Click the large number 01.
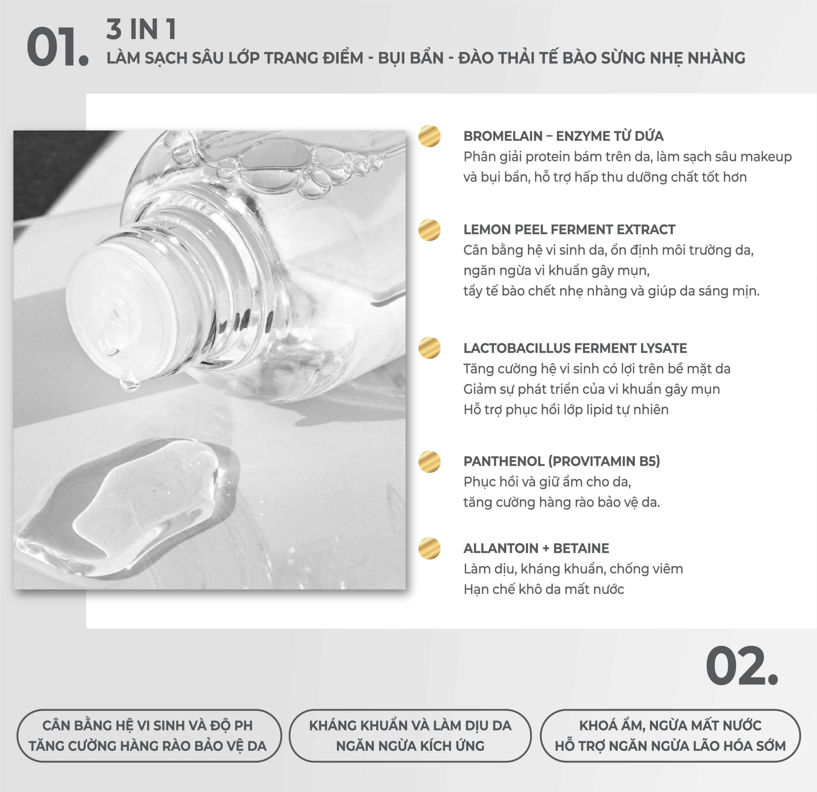point(57,47)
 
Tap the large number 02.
point(742,666)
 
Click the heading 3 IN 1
point(141,30)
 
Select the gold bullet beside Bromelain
point(429,136)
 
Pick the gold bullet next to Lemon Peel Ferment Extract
point(429,230)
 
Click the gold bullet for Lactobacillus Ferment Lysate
point(429,347)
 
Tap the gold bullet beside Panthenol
point(429,461)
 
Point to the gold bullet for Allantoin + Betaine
point(429,548)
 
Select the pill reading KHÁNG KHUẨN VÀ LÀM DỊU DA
point(410,735)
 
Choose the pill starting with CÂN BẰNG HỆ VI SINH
point(149,735)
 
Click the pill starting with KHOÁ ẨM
point(670,735)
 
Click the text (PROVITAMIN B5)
point(604,461)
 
